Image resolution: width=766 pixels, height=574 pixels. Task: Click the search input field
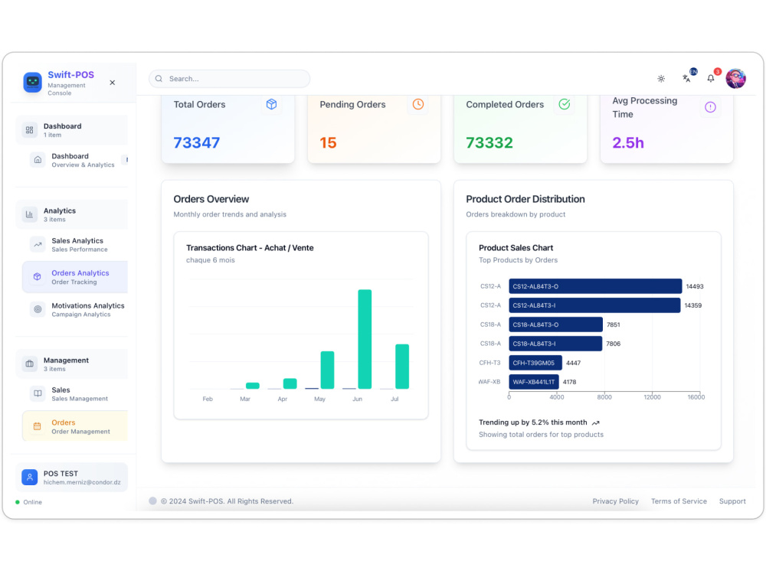point(229,79)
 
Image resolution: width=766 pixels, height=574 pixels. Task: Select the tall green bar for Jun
point(365,339)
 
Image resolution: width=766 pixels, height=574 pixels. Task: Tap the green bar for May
point(327,370)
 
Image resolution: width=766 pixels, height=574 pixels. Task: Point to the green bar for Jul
point(402,367)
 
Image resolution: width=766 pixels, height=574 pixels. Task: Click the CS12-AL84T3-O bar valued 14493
point(595,286)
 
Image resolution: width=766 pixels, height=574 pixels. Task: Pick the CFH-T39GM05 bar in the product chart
point(535,363)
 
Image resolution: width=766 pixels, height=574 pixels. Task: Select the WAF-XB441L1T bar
point(534,382)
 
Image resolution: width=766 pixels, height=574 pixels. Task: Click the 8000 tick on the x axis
point(604,397)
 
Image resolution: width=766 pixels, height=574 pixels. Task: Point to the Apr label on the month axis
point(283,400)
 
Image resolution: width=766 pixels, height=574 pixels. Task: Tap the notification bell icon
point(711,79)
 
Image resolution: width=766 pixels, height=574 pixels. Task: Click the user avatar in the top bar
point(735,79)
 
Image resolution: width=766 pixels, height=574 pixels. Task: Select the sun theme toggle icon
point(661,79)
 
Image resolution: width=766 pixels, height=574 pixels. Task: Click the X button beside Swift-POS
point(113,83)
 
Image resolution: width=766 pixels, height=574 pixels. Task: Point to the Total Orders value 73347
point(196,142)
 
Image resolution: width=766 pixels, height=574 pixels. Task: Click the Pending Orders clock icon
point(418,104)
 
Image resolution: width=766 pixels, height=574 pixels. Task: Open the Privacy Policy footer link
point(616,501)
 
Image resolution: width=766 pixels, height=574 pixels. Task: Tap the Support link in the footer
point(732,501)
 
